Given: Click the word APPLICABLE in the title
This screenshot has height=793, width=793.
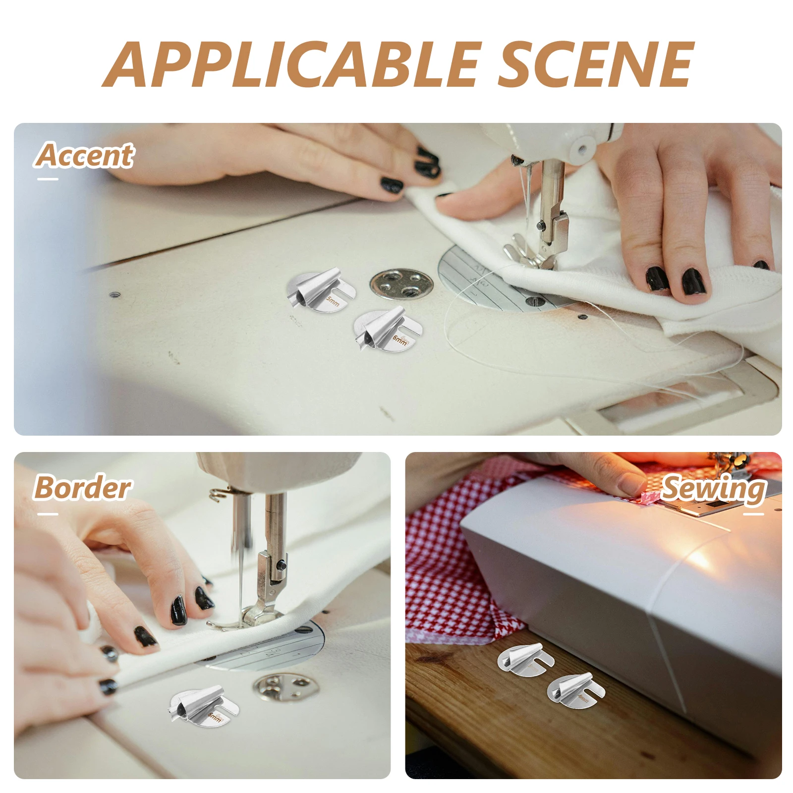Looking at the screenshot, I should (292, 64).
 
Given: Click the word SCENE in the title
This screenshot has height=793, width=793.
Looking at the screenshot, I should (595, 64).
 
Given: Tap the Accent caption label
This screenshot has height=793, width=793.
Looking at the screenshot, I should (85, 156).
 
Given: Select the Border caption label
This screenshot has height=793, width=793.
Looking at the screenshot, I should (82, 488).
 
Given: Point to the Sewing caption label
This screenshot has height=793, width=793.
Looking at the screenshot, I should (714, 489).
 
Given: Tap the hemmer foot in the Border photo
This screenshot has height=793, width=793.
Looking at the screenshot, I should (204, 706).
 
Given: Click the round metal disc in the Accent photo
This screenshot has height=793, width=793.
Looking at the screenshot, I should (401, 285).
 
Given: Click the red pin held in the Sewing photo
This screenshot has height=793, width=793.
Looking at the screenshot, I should (649, 497).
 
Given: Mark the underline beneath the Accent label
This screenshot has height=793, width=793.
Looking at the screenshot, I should (48, 179).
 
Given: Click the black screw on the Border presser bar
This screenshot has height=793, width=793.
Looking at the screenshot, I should (281, 564).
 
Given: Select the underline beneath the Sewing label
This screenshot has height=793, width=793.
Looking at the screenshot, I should (753, 514).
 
